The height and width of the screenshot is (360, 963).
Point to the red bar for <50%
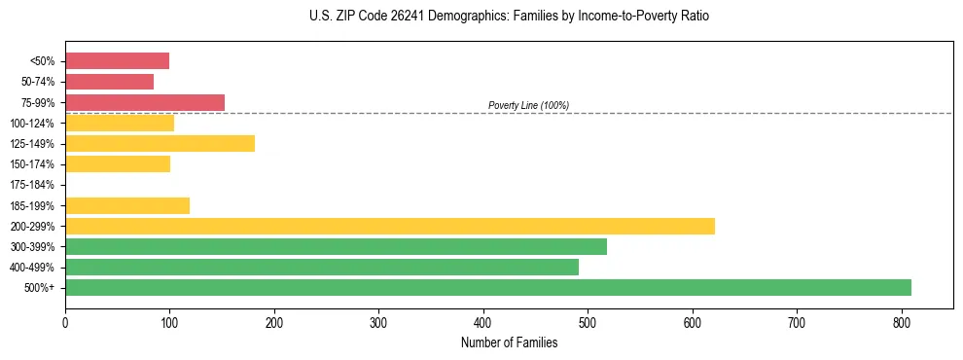point(117,61)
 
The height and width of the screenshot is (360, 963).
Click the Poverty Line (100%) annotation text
point(528,105)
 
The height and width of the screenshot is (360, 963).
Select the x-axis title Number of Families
point(509,342)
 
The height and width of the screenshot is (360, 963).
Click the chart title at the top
point(510,17)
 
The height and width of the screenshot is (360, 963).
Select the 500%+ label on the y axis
point(40,288)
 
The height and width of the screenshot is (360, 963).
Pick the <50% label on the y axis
point(43,61)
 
